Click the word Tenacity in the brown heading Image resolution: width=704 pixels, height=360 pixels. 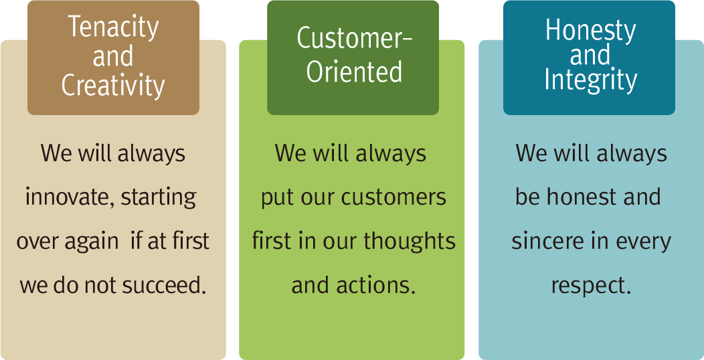pos(113,27)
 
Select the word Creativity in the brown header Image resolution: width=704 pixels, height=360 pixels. pos(113,85)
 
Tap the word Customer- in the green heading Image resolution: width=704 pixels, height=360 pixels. pos(355,37)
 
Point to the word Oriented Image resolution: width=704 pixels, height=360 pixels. pos(354,72)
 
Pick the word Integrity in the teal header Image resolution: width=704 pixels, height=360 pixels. pos(591,80)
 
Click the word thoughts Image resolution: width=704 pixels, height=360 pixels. pos(410,242)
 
